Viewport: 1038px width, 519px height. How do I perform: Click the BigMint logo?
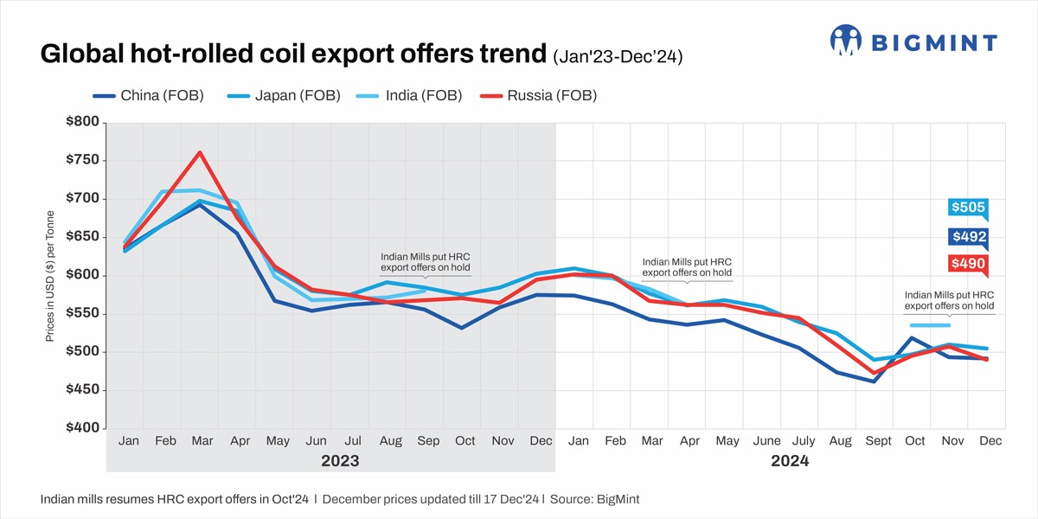[913, 41]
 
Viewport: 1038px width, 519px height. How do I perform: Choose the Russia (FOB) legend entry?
[541, 95]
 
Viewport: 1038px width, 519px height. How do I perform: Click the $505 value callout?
[968, 208]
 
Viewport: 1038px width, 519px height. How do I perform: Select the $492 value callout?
[968, 237]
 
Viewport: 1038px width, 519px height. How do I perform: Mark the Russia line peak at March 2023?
[200, 152]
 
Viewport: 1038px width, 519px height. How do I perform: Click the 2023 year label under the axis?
[340, 461]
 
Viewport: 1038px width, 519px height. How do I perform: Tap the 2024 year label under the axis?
[790, 461]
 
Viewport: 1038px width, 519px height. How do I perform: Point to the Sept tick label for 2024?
[877, 441]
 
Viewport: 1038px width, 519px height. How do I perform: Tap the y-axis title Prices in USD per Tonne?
[49, 275]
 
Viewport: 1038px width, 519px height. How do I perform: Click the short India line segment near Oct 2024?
[930, 325]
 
